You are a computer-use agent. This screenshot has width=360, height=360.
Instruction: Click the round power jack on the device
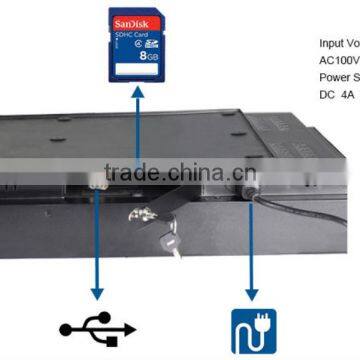click(x=243, y=187)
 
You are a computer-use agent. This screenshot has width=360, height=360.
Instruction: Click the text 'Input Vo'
click(x=339, y=44)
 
